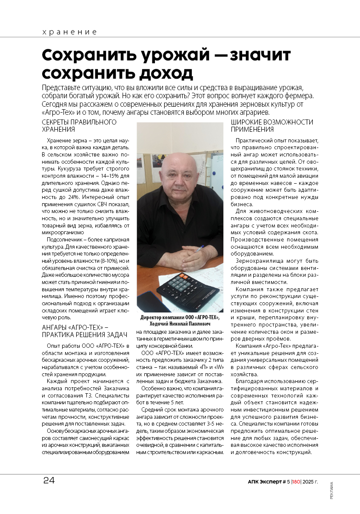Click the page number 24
[49, 481]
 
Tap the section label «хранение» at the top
[70, 32]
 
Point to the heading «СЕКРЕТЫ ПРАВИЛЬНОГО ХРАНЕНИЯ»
[79, 126]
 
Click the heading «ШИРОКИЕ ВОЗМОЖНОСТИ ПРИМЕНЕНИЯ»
[272, 126]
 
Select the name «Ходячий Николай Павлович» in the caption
[180, 324]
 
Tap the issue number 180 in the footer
[296, 482]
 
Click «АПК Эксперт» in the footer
[264, 482]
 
